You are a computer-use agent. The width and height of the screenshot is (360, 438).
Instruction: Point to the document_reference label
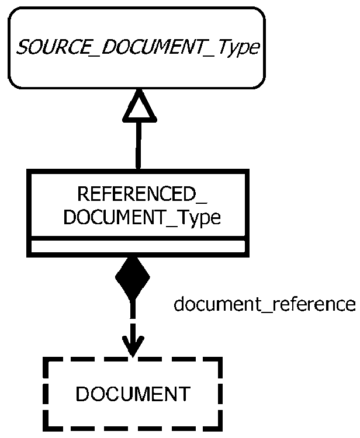264,304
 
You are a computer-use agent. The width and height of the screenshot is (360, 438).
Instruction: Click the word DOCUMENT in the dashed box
133,394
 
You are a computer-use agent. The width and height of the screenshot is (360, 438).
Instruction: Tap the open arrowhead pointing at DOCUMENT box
133,347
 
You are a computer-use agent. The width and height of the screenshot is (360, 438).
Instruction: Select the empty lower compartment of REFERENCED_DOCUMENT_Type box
138,247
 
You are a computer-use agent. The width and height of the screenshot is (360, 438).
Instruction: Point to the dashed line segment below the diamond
133,318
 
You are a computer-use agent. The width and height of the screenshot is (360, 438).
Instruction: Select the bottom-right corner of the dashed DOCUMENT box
219,426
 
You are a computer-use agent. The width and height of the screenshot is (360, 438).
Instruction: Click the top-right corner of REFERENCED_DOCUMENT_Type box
245,172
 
